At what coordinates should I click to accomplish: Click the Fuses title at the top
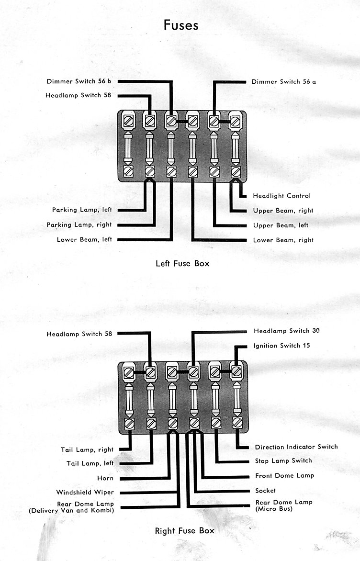(180, 25)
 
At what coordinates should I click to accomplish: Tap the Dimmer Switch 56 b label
(79, 81)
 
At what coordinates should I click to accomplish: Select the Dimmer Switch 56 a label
(283, 81)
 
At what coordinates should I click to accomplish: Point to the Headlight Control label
(281, 196)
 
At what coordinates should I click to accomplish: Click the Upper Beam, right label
(283, 211)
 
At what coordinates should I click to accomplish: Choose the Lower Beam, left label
(84, 240)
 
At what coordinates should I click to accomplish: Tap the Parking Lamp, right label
(79, 224)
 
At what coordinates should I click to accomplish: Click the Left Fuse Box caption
(182, 263)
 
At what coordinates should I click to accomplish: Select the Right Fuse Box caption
(185, 530)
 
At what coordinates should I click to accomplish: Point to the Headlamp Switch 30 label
(286, 331)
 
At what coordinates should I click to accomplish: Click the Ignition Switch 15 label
(281, 346)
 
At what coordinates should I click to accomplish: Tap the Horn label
(105, 478)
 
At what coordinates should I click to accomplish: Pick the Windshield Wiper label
(85, 492)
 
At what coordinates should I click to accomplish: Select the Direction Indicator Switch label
(296, 447)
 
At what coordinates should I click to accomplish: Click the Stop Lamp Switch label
(283, 461)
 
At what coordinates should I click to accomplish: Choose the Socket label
(266, 491)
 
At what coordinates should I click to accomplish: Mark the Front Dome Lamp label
(284, 475)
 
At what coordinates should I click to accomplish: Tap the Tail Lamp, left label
(90, 463)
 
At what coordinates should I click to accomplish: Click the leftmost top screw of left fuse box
(128, 121)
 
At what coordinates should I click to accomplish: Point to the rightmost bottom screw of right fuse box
(237, 423)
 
